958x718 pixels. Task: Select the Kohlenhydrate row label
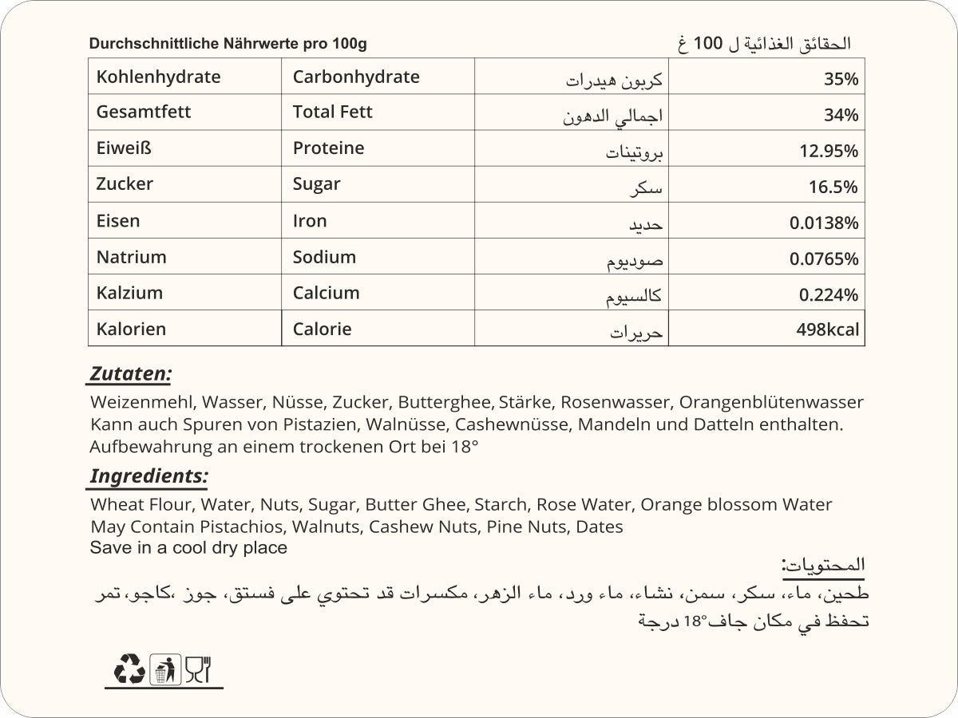(x=158, y=77)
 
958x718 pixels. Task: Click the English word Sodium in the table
(x=324, y=257)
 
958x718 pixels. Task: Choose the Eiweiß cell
(x=124, y=148)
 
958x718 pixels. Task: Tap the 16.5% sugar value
(x=834, y=187)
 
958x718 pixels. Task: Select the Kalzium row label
(x=129, y=293)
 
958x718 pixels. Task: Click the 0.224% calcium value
(x=829, y=295)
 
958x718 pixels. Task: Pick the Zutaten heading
(x=130, y=373)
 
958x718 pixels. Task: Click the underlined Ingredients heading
(x=148, y=476)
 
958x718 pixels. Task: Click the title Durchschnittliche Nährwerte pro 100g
(x=228, y=44)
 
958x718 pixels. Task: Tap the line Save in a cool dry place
(x=188, y=548)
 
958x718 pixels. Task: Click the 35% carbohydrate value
(x=841, y=79)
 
